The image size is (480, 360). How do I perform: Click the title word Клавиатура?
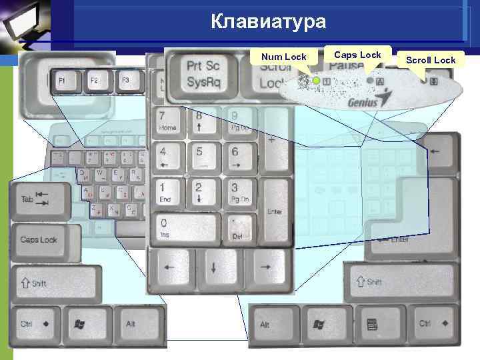click(269, 22)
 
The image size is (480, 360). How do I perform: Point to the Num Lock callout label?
click(283, 57)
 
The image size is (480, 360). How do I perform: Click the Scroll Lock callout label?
click(431, 60)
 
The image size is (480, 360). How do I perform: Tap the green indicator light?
click(316, 81)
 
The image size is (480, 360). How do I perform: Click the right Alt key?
click(271, 325)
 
